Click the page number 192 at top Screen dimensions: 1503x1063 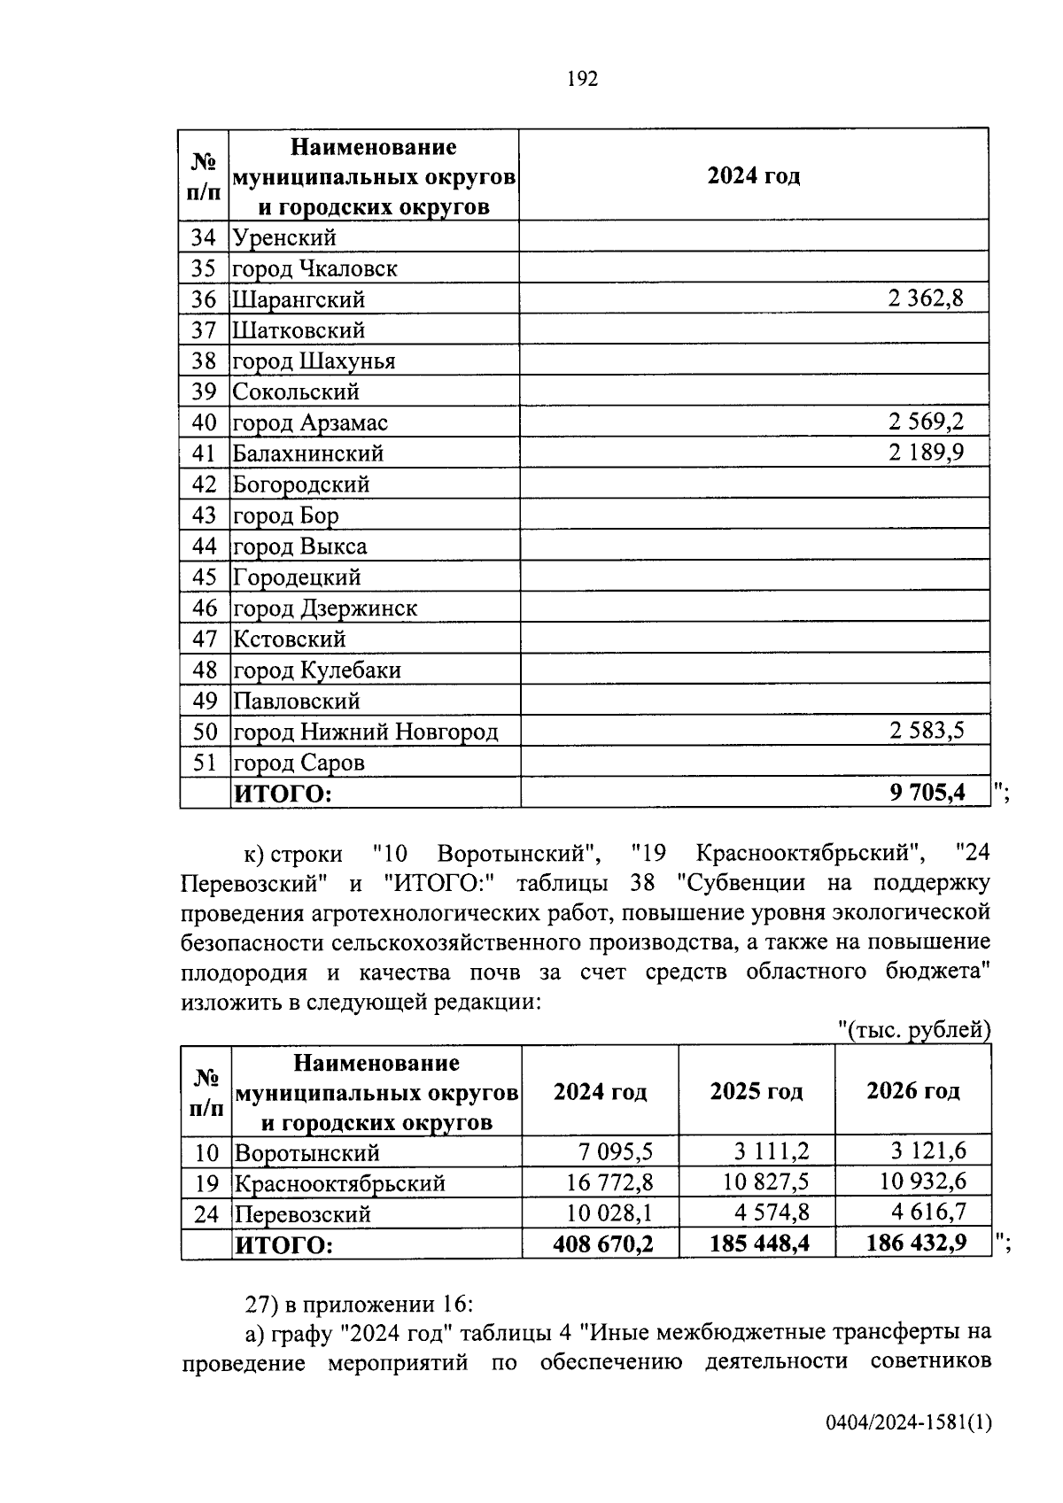coord(582,80)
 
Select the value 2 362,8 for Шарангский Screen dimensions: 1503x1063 coord(925,298)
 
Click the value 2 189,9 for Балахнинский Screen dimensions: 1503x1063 coord(925,453)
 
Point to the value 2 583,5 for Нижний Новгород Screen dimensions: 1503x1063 coord(925,731)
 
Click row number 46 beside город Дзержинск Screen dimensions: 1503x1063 coord(205,608)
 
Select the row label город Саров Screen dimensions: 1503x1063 coord(299,763)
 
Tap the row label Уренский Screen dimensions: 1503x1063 coord(284,237)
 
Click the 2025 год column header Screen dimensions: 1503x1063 coord(757,1091)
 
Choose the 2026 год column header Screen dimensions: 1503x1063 coord(912,1091)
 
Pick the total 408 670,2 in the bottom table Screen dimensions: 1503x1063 coord(602,1244)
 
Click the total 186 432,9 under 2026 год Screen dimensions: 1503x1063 coord(916,1244)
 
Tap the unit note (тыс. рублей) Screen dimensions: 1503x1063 coord(913,1030)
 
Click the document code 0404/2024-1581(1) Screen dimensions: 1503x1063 coord(908,1423)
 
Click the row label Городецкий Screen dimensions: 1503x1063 coord(297,577)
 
